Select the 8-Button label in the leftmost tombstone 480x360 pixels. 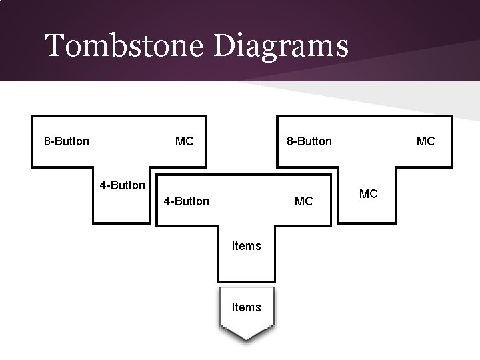click(67, 141)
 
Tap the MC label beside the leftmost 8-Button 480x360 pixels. click(184, 141)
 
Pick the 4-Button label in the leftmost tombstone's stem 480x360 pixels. click(122, 185)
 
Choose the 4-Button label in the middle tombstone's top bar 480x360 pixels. click(186, 201)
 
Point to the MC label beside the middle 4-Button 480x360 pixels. click(303, 201)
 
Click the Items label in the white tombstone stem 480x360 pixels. click(246, 246)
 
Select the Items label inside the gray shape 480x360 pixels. click(246, 307)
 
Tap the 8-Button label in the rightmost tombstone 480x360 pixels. click(309, 141)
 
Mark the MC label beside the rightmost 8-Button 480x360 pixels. click(425, 141)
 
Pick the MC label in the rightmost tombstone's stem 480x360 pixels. click(368, 194)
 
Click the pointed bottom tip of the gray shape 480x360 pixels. click(246, 339)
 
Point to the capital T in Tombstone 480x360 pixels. click(54, 47)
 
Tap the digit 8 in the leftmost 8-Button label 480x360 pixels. click(47, 141)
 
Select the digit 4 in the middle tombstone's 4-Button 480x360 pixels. click(167, 201)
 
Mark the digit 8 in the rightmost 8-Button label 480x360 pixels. click(290, 141)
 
